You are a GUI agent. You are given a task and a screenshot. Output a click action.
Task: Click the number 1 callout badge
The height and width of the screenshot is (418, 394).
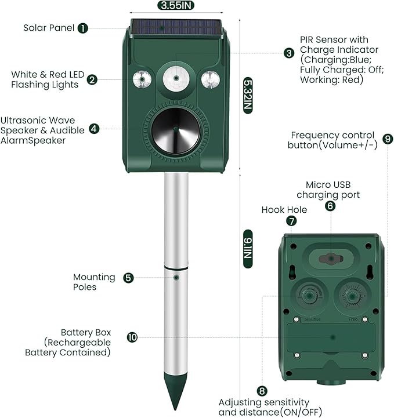click(x=83, y=28)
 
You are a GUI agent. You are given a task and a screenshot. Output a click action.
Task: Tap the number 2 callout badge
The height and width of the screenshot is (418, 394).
click(x=92, y=80)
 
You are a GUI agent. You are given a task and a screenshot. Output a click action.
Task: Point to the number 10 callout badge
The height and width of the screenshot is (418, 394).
click(x=132, y=337)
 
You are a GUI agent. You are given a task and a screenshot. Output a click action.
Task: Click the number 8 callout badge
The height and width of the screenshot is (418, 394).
click(x=262, y=391)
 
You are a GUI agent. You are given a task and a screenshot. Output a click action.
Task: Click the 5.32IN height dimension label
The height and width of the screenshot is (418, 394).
click(x=248, y=95)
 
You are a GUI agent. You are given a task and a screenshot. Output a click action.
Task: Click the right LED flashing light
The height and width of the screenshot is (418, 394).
click(x=210, y=78)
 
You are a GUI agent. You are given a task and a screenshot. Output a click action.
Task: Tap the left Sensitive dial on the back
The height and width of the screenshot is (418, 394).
click(x=310, y=296)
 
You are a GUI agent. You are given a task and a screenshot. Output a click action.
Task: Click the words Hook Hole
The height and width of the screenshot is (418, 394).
click(x=284, y=209)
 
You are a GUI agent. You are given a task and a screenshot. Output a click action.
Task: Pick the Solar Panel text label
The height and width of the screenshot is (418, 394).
click(x=49, y=28)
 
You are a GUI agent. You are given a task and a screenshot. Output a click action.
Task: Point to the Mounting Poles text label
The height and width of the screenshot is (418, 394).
click(x=94, y=282)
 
